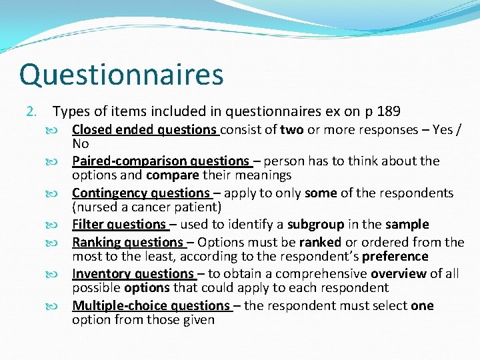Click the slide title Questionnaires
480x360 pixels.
[x=121, y=75]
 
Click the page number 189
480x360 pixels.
[x=389, y=111]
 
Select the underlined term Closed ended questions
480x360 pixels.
[x=145, y=130]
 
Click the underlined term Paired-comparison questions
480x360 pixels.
[x=160, y=161]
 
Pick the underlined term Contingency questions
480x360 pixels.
[x=141, y=193]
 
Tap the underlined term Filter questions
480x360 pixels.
[x=119, y=225]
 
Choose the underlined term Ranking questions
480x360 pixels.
[x=128, y=242]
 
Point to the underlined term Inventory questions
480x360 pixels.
[x=133, y=274]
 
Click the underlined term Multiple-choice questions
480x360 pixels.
[x=151, y=306]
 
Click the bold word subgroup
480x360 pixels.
[x=315, y=225]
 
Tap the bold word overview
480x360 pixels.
[x=399, y=274]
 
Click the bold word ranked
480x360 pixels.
[x=319, y=242]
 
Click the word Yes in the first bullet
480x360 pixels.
[x=442, y=130]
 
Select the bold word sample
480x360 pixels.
[x=409, y=225]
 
